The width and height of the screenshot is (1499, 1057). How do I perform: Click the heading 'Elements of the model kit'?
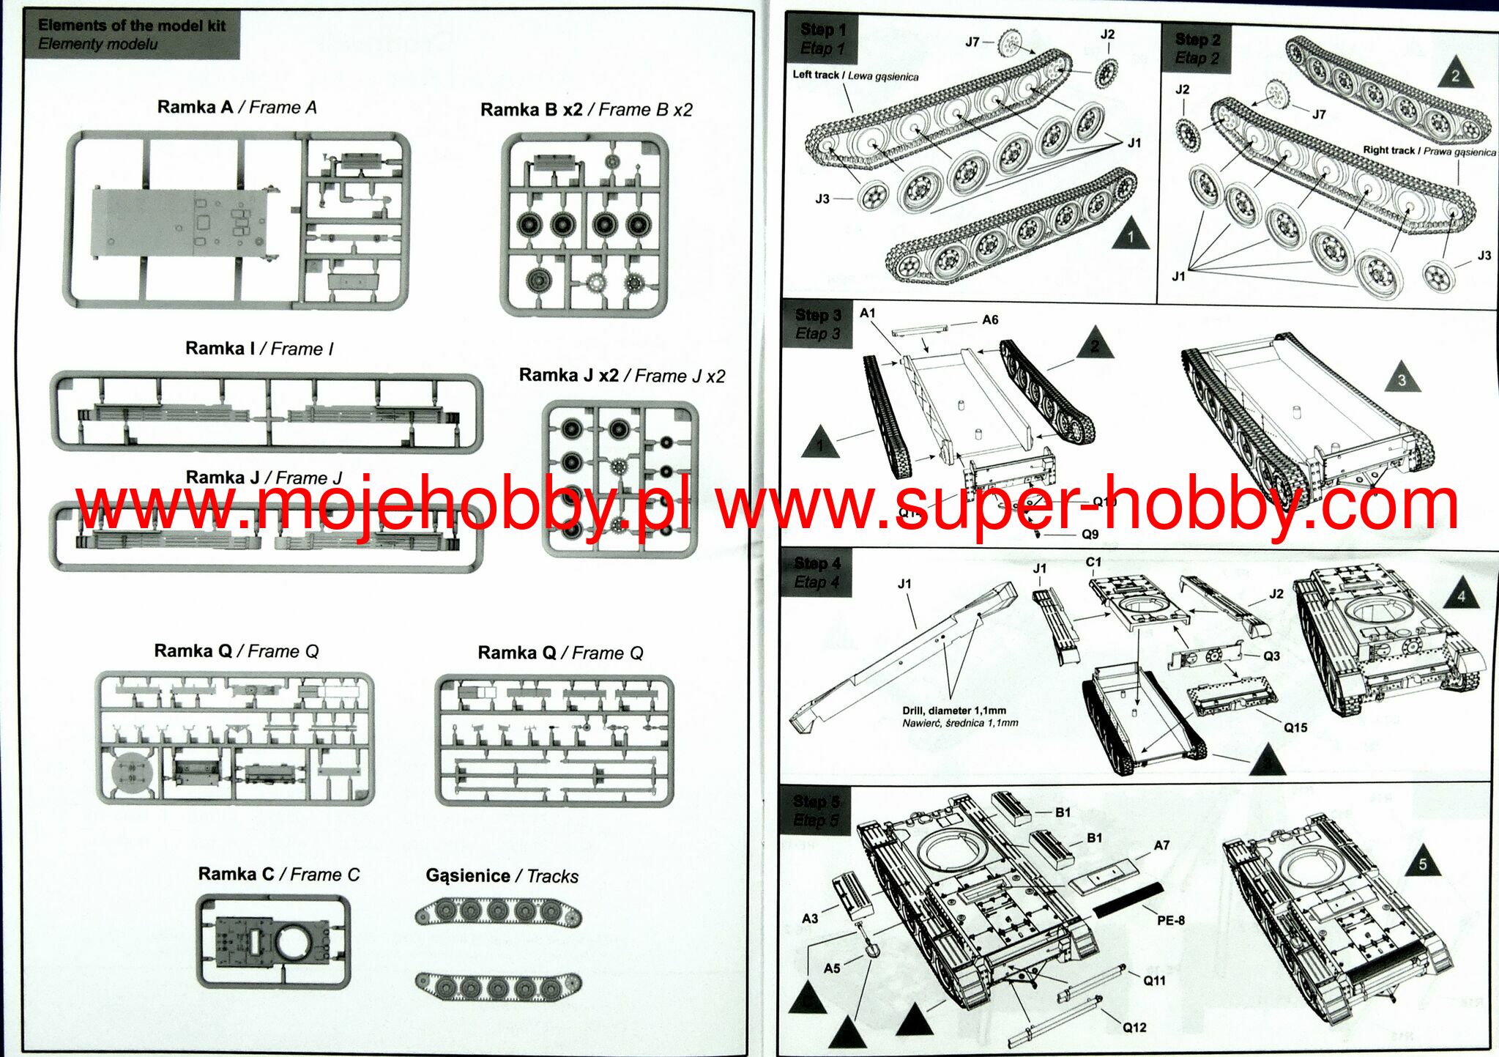132,26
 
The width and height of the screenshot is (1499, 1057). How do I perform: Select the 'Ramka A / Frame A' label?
237,108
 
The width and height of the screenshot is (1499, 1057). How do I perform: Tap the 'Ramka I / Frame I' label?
258,349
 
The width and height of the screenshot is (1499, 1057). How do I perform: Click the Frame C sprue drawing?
273,941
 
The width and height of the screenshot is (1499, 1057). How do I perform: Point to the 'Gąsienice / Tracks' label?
502,876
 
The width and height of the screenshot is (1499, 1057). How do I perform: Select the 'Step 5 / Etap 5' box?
816,811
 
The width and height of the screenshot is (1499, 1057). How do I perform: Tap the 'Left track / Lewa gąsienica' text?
855,75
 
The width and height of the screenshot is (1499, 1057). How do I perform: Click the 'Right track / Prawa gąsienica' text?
1429,151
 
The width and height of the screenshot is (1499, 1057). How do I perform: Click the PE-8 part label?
1170,920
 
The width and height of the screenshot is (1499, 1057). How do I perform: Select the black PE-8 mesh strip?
1128,899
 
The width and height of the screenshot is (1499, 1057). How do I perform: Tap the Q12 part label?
1134,1028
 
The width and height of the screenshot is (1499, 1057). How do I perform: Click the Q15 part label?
1295,727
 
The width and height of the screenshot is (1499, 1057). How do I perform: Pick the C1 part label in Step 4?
1093,562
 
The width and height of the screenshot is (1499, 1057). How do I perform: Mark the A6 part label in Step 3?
989,320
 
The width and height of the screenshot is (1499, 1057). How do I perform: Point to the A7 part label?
1161,845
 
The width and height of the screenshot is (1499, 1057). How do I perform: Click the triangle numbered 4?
1461,594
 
